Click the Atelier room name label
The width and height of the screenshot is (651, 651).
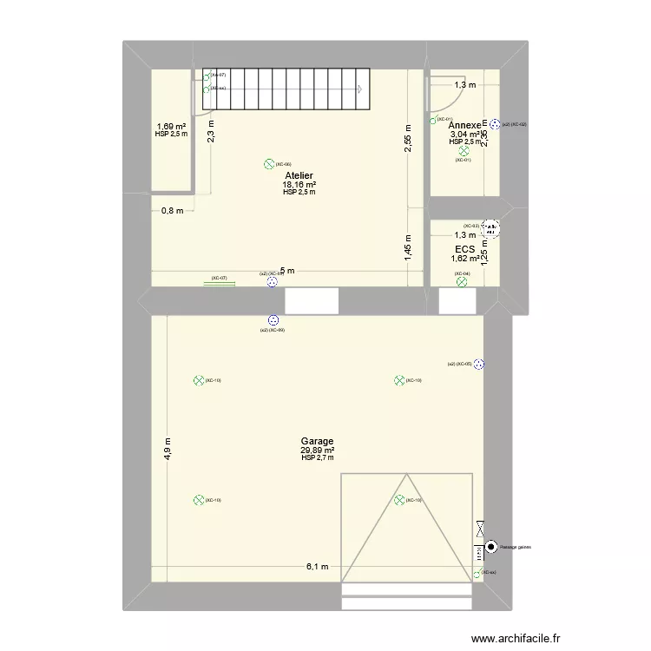[x=299, y=175]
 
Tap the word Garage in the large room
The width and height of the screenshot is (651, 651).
[x=317, y=441]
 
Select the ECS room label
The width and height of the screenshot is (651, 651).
[x=464, y=248]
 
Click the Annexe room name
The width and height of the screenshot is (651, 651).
[x=464, y=126]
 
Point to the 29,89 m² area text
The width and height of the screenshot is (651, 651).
[x=317, y=450]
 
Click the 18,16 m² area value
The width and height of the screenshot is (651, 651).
[x=299, y=184]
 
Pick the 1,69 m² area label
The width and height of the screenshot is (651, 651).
[x=170, y=126]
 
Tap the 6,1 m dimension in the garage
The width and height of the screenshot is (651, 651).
[x=317, y=567]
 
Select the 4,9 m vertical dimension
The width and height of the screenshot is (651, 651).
[x=168, y=450]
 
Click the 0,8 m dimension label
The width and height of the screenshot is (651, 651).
[x=172, y=211]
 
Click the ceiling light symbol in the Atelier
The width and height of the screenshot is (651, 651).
[x=268, y=164]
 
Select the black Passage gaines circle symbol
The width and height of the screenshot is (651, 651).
[x=491, y=547]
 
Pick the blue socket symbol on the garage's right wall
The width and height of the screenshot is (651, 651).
[x=478, y=365]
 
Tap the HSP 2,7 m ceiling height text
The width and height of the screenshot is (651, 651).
[x=317, y=458]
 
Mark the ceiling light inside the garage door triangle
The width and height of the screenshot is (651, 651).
[x=398, y=499]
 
